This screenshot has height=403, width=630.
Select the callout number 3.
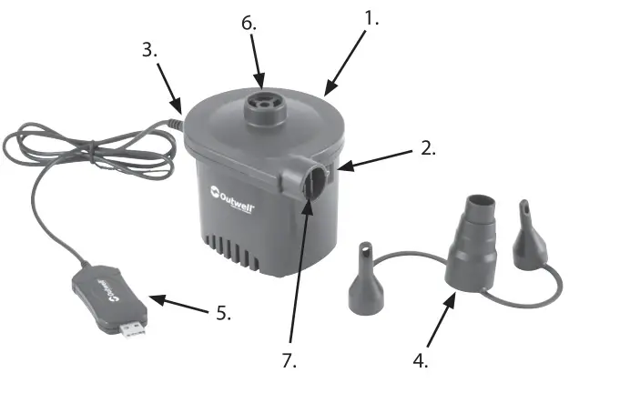pyautogui.click(x=149, y=50)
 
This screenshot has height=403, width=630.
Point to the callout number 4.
pyautogui.click(x=420, y=360)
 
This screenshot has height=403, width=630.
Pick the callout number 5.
pyautogui.click(x=223, y=313)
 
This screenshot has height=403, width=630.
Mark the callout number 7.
pyautogui.click(x=290, y=360)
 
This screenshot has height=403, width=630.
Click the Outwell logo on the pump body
pyautogui.click(x=231, y=196)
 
